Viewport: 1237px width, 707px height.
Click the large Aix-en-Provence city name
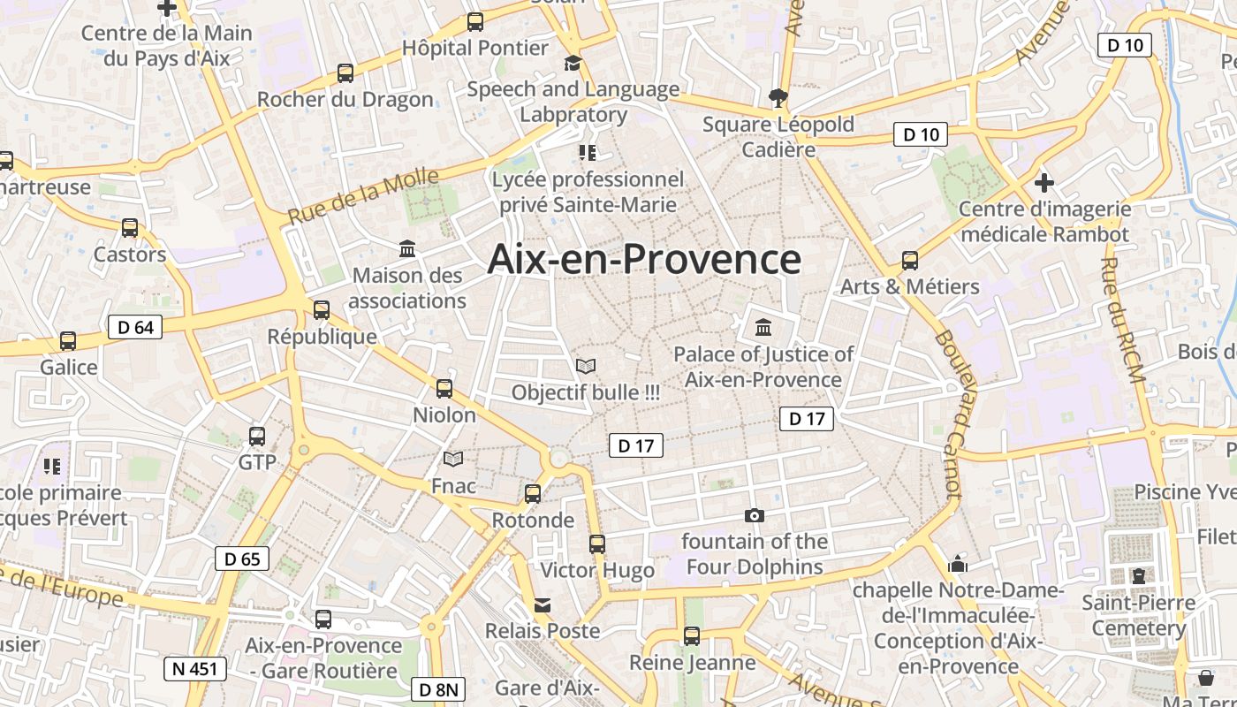pos(644,260)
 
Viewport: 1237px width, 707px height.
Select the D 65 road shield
pos(242,559)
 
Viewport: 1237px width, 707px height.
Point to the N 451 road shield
pos(195,669)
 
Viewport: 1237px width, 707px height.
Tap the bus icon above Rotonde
pos(533,494)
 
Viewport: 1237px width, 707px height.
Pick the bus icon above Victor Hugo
pos(597,544)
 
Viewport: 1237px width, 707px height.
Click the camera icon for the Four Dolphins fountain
pos(755,515)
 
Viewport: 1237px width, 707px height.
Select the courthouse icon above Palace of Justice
pos(763,328)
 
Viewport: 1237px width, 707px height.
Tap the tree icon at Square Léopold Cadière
pos(778,97)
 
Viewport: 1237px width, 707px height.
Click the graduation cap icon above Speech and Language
pos(573,63)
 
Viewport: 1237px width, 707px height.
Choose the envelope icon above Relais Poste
pos(543,605)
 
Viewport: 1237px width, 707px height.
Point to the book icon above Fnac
pos(453,460)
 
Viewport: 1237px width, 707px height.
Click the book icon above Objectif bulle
pos(586,366)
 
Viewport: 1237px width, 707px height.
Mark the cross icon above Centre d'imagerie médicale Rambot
pos(1044,183)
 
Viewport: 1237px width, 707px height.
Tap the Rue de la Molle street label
pos(363,196)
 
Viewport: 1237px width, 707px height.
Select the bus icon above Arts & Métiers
pos(910,261)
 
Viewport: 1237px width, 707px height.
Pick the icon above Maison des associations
pos(407,249)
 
